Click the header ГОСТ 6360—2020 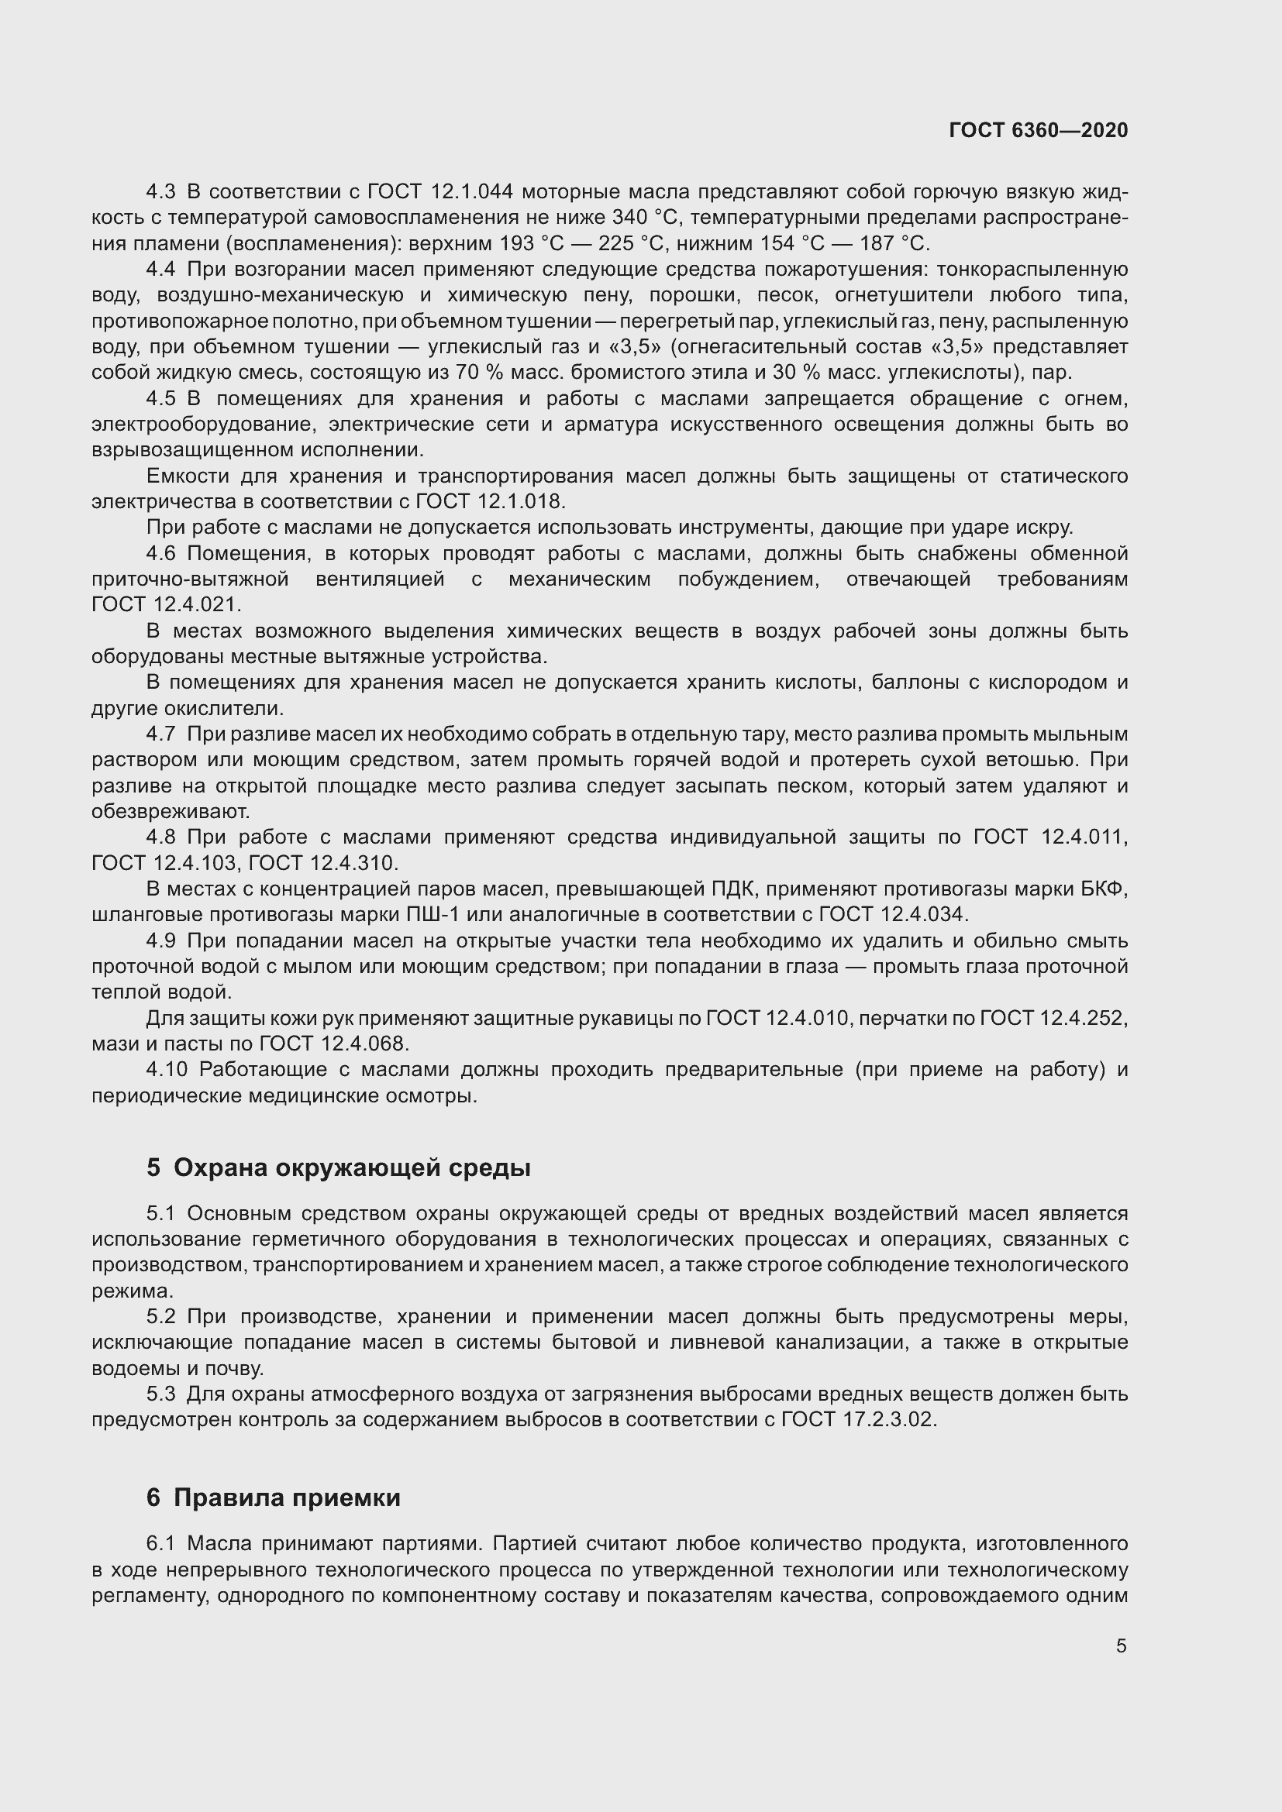1038,130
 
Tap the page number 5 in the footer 1121,1645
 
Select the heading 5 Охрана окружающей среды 338,1167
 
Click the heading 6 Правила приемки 273,1497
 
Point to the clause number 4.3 161,192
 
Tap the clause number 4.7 161,734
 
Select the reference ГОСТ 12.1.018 489,501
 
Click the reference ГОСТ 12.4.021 164,604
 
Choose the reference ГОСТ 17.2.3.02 858,1420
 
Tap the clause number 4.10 167,1069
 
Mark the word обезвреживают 171,811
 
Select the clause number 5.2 161,1316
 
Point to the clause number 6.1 161,1543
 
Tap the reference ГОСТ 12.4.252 1053,1018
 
